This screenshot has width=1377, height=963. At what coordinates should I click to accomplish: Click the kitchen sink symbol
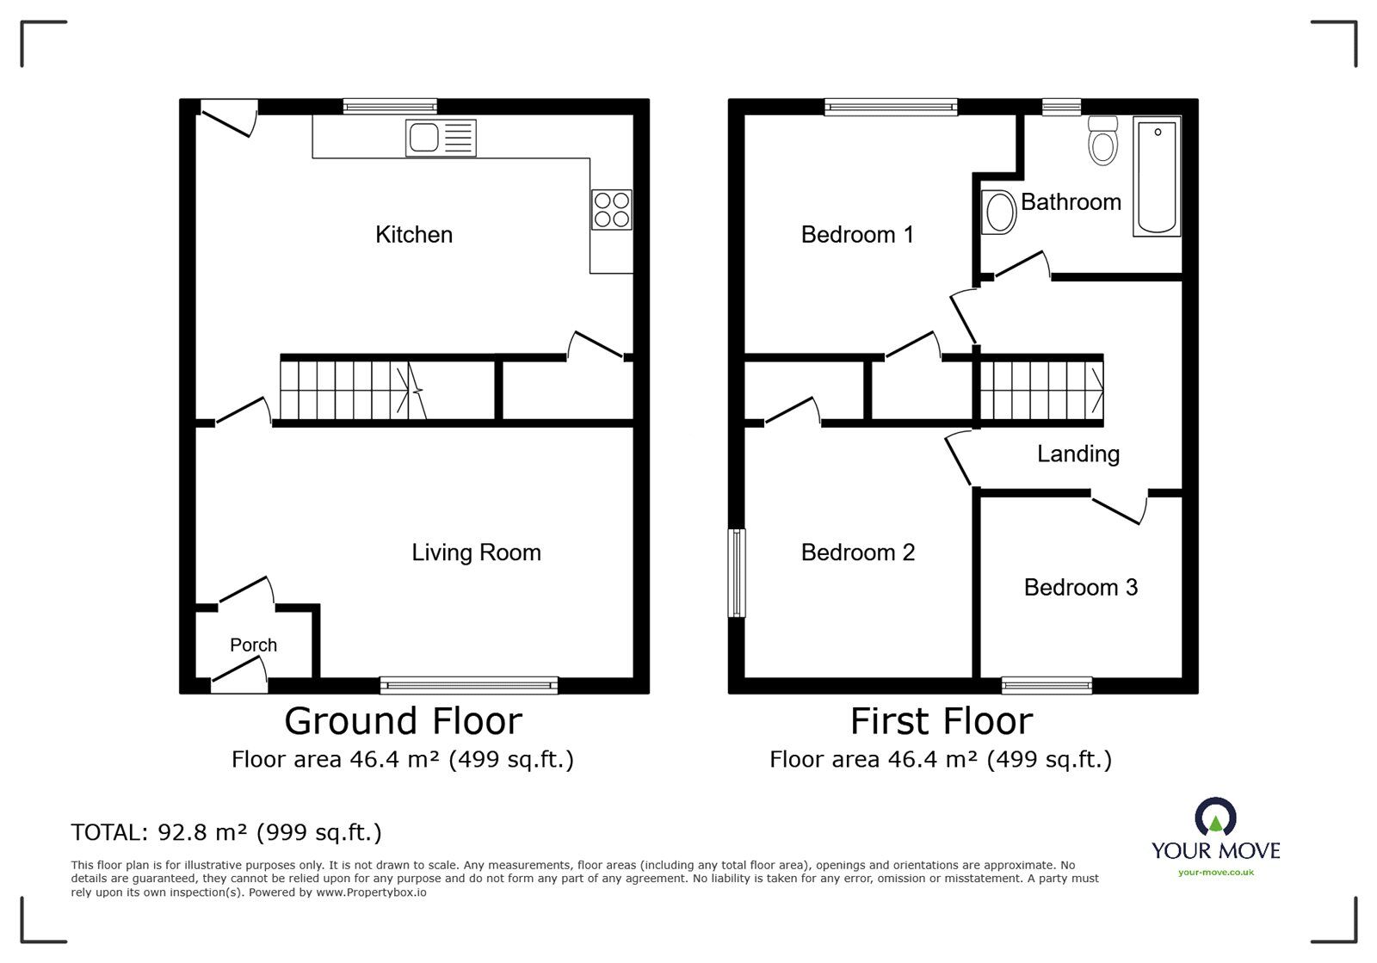[440, 138]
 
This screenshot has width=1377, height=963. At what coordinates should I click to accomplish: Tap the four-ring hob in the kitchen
[612, 210]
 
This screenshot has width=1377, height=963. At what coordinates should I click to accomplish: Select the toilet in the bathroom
[1102, 140]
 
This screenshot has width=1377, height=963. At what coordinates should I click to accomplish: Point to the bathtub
[1157, 176]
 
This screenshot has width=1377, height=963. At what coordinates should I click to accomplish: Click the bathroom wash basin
[999, 212]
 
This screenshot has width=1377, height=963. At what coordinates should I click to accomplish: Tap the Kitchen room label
[414, 235]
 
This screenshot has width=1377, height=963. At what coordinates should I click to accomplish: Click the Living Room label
[477, 552]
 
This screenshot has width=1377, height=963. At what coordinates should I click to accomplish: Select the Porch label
[253, 645]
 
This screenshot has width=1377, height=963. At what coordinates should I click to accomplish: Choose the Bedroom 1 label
[857, 235]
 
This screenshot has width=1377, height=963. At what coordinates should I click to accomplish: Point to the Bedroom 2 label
[858, 552]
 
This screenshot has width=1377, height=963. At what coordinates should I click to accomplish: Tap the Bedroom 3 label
[1081, 588]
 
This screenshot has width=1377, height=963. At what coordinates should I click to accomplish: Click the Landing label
[1078, 454]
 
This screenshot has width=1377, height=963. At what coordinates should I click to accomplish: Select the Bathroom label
[1071, 202]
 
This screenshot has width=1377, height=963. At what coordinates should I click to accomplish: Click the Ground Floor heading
[404, 721]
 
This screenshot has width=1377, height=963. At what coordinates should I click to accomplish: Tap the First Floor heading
[942, 721]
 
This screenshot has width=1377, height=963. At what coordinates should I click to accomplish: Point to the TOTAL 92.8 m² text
[226, 832]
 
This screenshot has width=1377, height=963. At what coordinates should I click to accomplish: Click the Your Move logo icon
[1215, 818]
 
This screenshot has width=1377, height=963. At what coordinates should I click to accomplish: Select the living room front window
[469, 685]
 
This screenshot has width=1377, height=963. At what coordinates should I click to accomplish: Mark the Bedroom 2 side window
[737, 573]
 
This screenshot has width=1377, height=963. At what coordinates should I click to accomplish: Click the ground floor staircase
[354, 390]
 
